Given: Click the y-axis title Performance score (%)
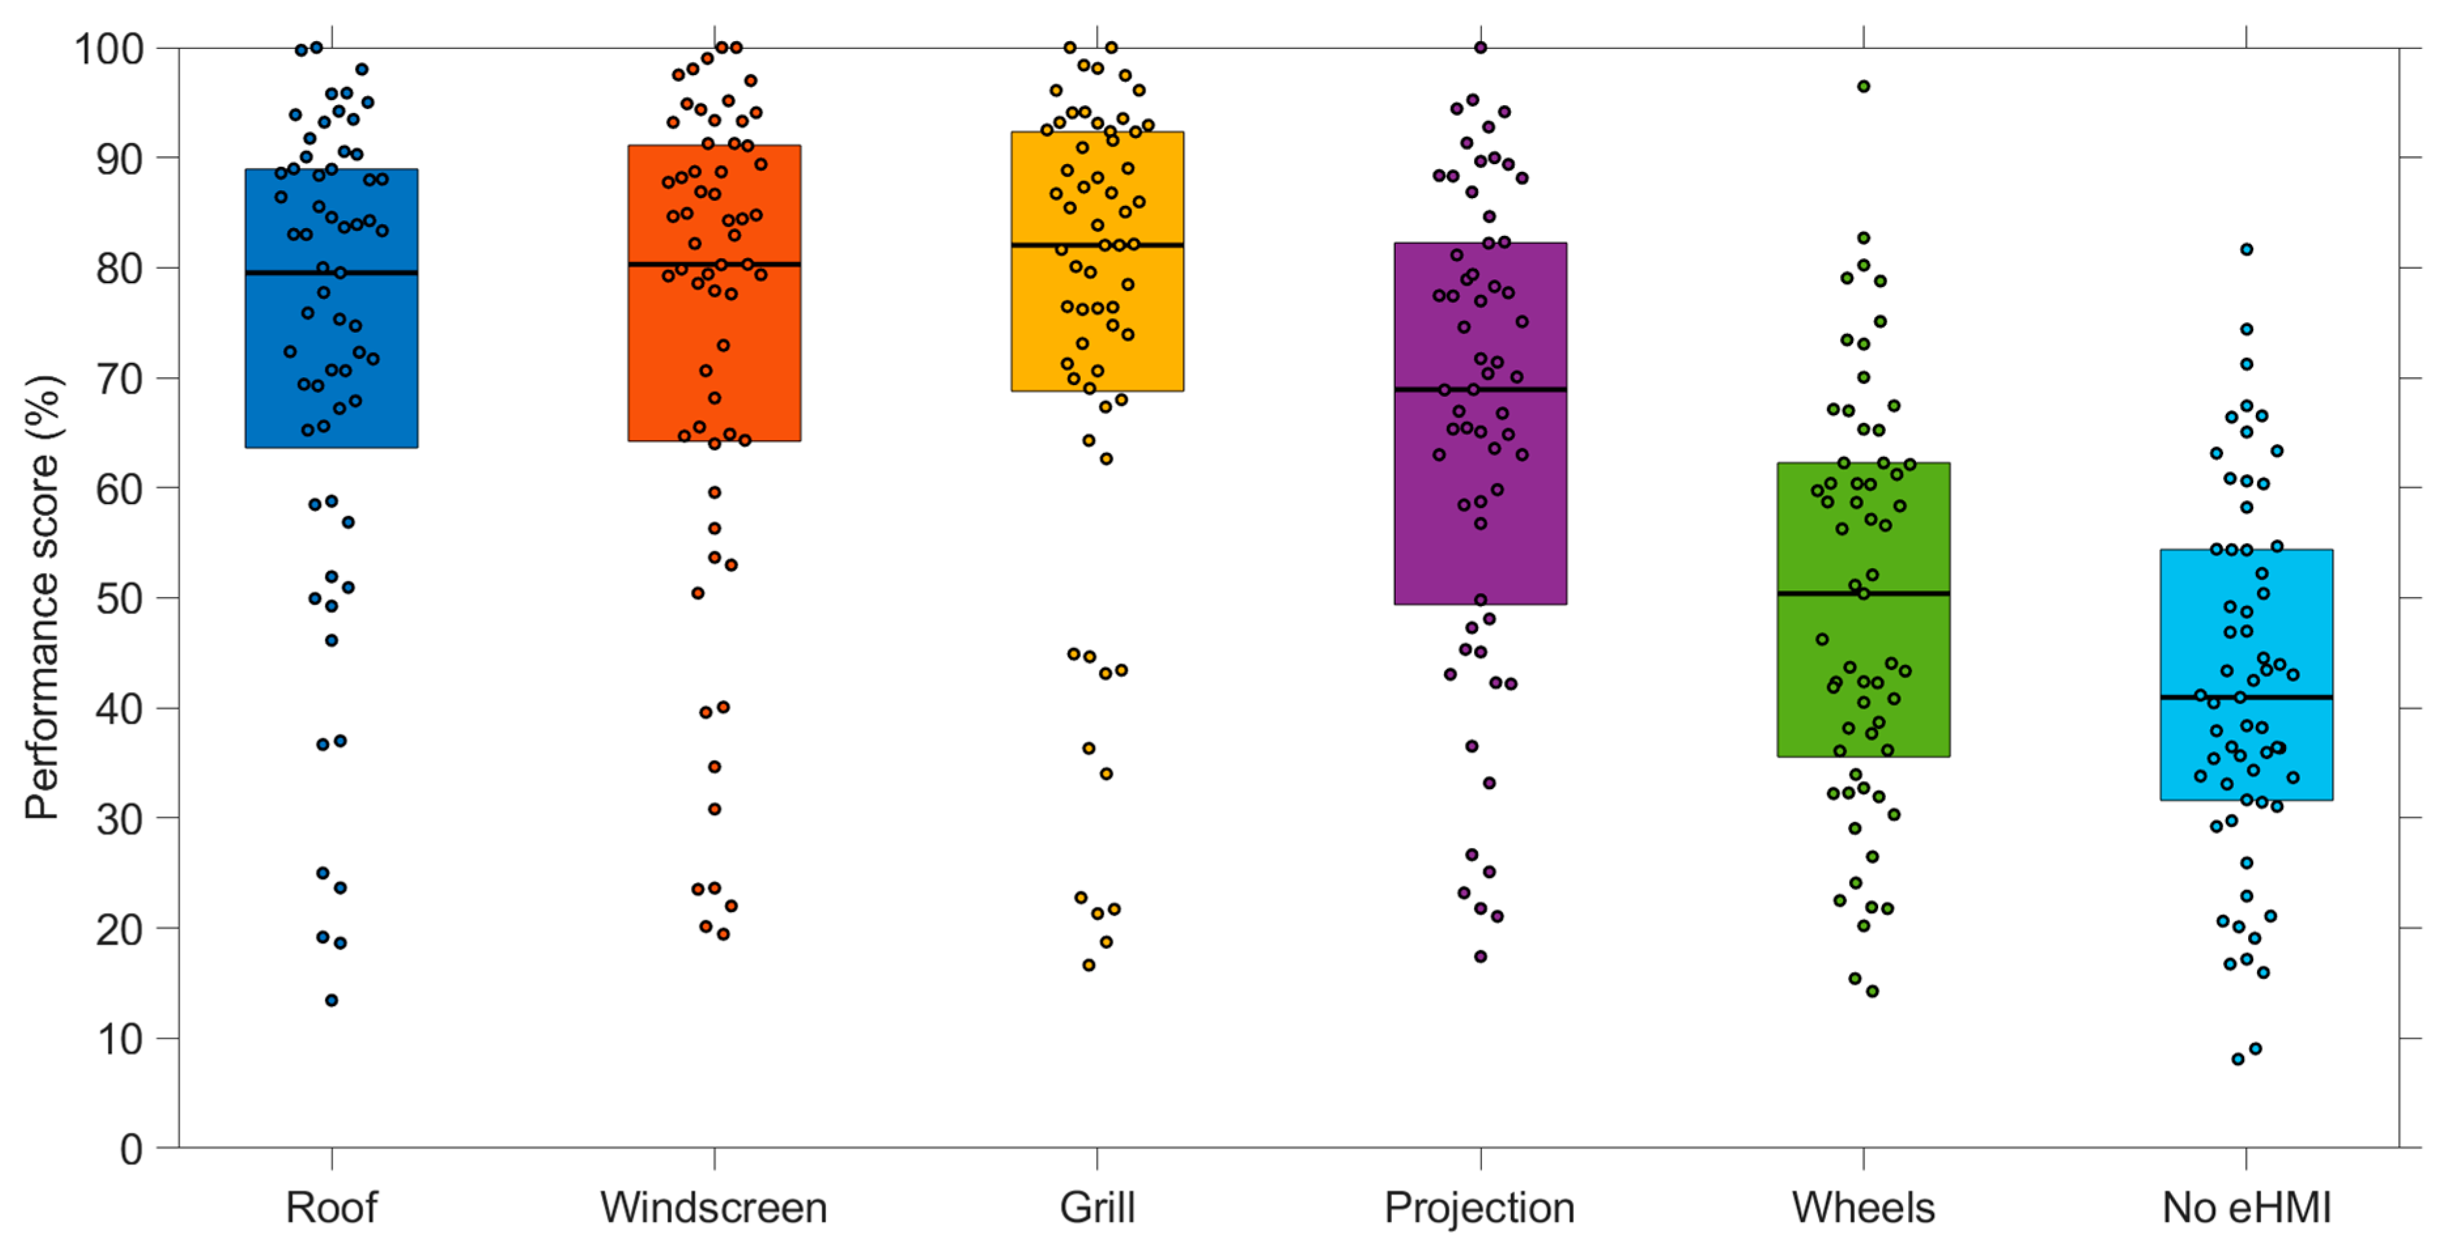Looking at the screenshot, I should click(x=42, y=597).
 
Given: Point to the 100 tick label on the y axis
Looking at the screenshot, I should click(x=108, y=48).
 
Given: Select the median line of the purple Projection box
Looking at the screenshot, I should click(x=1530, y=389).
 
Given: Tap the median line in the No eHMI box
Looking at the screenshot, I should click(x=2300, y=698).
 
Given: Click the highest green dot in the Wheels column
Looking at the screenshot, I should click(x=1864, y=86).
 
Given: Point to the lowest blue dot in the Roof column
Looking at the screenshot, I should click(x=332, y=1000).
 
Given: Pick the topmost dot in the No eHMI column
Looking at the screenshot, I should click(x=2247, y=249).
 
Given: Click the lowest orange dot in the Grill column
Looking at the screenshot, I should click(x=1089, y=965).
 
